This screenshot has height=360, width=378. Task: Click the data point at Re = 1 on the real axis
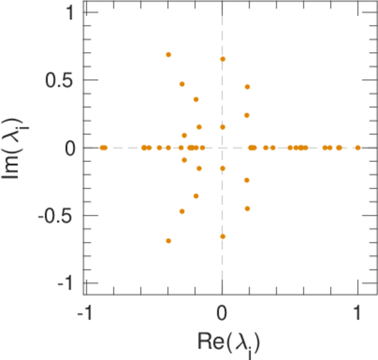(x=358, y=148)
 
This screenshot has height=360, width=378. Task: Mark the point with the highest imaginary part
(x=169, y=55)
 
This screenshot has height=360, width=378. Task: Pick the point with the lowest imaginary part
(x=169, y=241)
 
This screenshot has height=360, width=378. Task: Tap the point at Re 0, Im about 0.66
(x=223, y=59)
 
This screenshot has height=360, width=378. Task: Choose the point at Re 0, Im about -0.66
(x=223, y=236)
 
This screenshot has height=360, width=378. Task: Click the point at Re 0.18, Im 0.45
(x=247, y=87)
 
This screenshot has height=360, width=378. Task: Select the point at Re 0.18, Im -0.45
(x=247, y=209)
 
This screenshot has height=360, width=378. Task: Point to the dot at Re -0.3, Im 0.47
(x=182, y=84)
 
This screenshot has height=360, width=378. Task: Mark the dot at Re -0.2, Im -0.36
(x=196, y=196)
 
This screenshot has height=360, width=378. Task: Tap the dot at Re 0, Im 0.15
(x=223, y=127)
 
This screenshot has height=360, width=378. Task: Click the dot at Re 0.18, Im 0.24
(x=247, y=115)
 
